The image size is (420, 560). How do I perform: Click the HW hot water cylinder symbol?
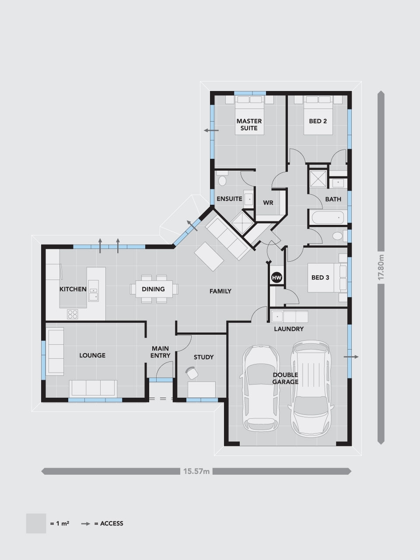click(276, 277)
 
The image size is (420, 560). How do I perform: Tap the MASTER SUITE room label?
click(249, 125)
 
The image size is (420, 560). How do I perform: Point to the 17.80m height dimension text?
click(381, 267)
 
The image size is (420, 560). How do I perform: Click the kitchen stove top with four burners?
click(73, 314)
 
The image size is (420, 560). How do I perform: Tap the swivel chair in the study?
click(192, 373)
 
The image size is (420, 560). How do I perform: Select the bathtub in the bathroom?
click(328, 217)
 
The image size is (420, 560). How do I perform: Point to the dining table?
click(154, 289)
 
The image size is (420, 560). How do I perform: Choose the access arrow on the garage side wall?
click(351, 357)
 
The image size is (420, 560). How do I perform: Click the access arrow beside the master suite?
click(211, 131)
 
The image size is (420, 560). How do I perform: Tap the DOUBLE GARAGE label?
click(285, 378)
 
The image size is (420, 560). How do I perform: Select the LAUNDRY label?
click(289, 329)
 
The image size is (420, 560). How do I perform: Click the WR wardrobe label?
click(268, 203)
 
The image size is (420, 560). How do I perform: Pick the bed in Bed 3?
click(327, 277)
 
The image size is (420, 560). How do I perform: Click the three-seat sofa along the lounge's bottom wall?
click(93, 388)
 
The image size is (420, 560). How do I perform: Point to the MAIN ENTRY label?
click(160, 352)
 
